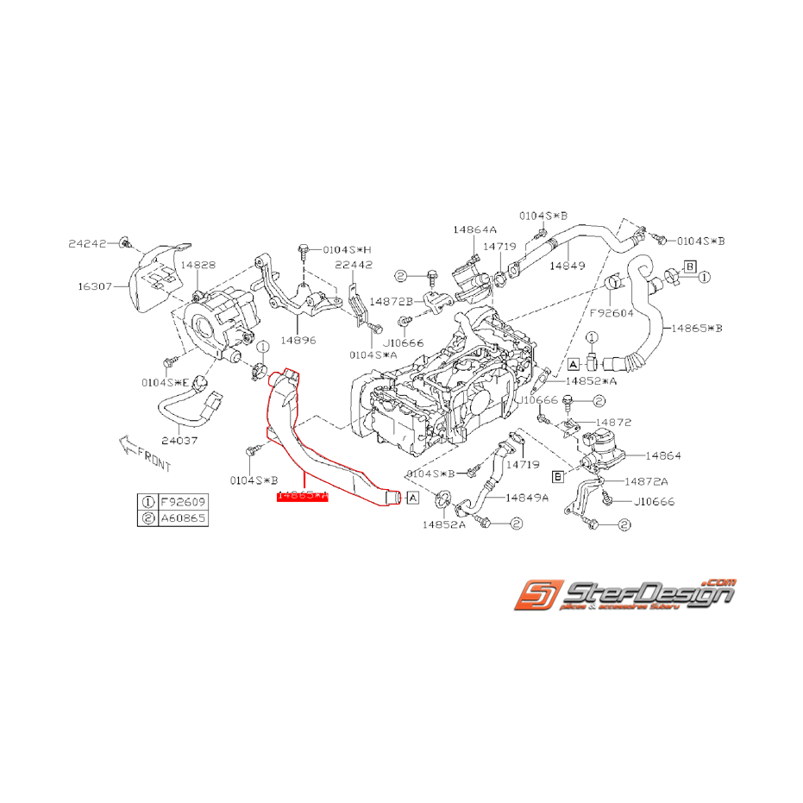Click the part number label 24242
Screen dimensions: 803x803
(87, 244)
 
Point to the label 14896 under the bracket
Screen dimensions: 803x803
(298, 340)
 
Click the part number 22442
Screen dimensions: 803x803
(354, 265)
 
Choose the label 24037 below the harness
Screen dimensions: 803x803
(180, 440)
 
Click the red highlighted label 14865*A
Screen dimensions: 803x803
(302, 496)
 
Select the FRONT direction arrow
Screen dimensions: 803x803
(144, 454)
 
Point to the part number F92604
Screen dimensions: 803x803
(612, 313)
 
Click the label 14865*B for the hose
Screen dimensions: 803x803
(697, 329)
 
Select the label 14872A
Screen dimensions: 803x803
(646, 481)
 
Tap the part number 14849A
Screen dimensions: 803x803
(527, 497)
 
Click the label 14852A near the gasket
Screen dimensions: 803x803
(443, 524)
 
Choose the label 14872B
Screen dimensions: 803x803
(392, 301)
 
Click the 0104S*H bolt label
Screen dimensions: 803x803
(347, 249)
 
